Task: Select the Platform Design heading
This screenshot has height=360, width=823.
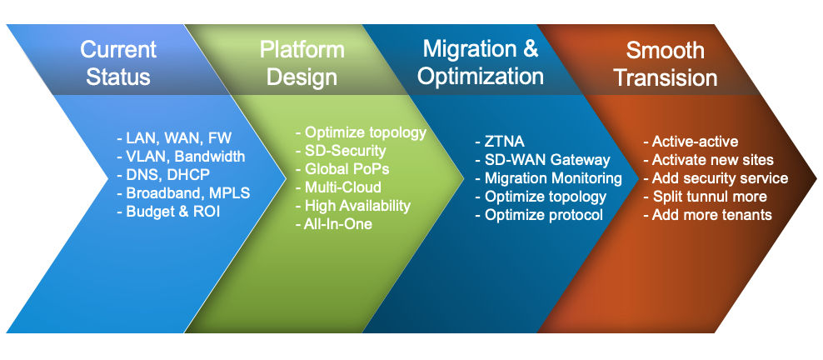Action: click(x=302, y=63)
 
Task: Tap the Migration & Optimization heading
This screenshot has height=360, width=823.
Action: click(x=480, y=62)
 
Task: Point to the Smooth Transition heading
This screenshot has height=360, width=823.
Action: click(x=671, y=63)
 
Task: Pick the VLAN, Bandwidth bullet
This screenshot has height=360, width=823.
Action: click(x=181, y=157)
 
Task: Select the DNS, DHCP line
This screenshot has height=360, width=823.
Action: click(x=163, y=175)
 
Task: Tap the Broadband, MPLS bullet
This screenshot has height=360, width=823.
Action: click(x=183, y=193)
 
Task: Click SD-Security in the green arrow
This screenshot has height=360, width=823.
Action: click(x=341, y=151)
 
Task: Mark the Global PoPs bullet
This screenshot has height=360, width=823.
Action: click(x=341, y=169)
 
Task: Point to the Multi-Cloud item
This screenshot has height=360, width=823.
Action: click(x=338, y=187)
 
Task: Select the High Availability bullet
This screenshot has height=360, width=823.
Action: click(x=353, y=206)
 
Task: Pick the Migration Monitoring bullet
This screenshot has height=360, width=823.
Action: click(x=548, y=178)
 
